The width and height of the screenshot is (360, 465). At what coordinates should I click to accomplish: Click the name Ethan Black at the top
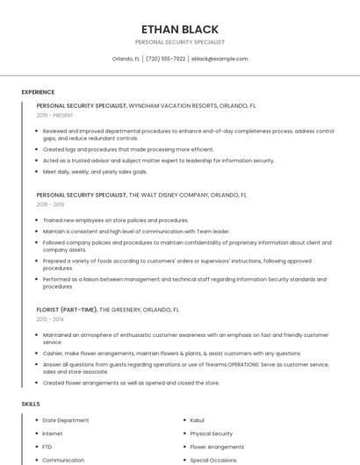(x=180, y=29)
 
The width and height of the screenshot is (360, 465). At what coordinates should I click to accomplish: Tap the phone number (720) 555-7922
(x=166, y=59)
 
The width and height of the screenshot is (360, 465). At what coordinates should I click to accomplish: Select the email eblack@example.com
(x=220, y=59)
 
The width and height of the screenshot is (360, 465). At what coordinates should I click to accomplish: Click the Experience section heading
(x=38, y=92)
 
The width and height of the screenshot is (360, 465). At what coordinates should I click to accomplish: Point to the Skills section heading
(x=31, y=404)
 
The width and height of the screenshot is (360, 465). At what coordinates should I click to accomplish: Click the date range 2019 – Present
(x=55, y=115)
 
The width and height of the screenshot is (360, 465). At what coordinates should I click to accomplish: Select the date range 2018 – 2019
(x=51, y=204)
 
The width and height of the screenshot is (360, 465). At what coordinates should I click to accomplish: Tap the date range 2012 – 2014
(x=51, y=319)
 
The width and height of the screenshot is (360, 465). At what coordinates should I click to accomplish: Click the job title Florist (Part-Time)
(x=66, y=310)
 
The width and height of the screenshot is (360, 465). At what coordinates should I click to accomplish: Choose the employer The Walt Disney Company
(x=169, y=195)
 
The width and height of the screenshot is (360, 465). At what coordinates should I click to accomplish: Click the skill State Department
(x=66, y=420)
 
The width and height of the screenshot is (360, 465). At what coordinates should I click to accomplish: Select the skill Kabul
(x=197, y=420)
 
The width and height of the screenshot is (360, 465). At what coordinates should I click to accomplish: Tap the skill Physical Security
(x=211, y=433)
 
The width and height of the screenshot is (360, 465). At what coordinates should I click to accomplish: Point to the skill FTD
(x=47, y=447)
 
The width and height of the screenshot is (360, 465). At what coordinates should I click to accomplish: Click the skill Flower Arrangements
(x=217, y=447)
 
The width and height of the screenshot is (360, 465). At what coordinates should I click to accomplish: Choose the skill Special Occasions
(x=213, y=460)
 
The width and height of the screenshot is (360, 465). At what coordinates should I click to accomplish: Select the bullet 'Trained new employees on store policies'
(x=115, y=220)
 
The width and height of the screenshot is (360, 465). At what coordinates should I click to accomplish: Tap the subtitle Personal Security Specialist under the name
(x=180, y=42)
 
